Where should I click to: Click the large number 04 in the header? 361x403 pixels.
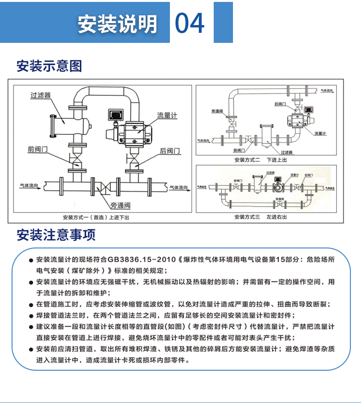[x=190, y=23]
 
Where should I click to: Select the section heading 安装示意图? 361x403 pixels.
[x=49, y=66]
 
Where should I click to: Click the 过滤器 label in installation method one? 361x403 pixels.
[x=40, y=95]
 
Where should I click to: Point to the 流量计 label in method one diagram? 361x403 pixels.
[x=167, y=116]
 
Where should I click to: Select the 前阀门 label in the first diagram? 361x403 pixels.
[x=38, y=150]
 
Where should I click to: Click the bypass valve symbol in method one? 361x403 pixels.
[x=103, y=186]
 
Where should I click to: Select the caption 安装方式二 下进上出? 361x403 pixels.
[x=260, y=159]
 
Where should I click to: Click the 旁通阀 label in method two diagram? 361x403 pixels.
[x=217, y=111]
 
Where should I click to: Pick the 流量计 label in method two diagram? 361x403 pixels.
[x=320, y=133]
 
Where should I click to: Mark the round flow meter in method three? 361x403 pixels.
[x=278, y=189]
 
